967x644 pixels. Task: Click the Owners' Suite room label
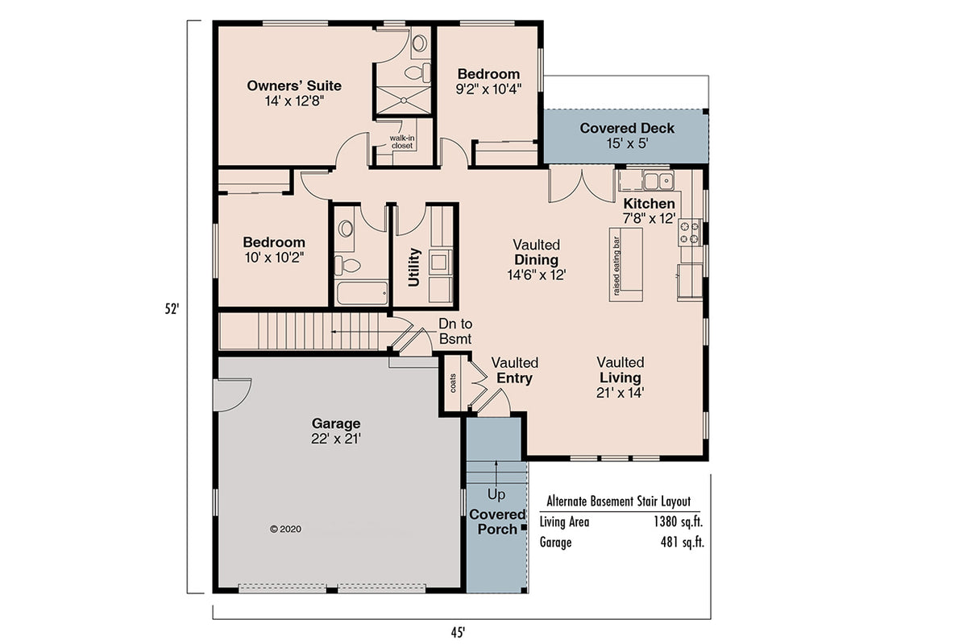point(294,86)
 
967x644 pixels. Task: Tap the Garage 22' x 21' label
point(336,431)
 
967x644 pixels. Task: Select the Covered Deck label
point(627,129)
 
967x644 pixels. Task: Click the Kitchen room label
point(649,204)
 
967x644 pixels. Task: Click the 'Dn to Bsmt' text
point(455,332)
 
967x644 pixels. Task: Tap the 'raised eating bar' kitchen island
point(626,264)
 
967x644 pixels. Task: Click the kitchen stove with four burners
point(690,232)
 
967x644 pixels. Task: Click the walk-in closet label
point(401,142)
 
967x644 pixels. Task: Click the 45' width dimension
point(459,632)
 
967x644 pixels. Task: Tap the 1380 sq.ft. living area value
point(679,522)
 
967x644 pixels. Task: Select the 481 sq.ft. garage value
point(682,543)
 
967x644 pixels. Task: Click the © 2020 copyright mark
point(285,529)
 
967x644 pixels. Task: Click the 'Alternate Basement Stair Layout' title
point(618,501)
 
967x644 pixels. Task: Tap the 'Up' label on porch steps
point(496,493)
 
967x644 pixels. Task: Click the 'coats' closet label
point(452,383)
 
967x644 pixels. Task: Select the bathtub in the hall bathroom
point(362,292)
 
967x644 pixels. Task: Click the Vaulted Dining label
point(537,259)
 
